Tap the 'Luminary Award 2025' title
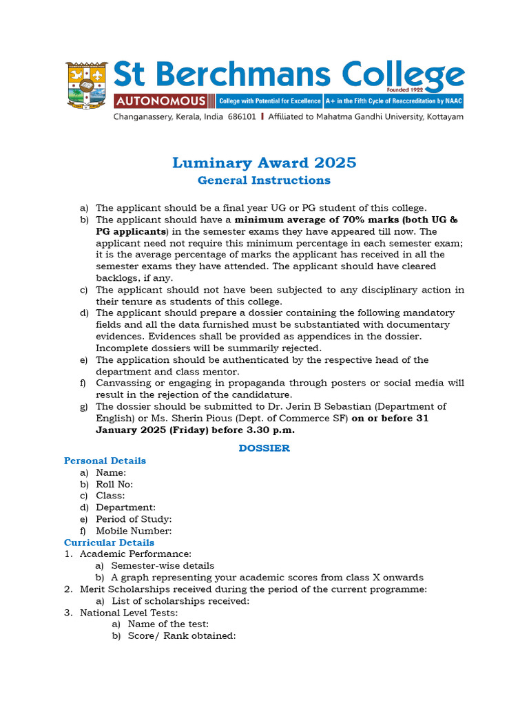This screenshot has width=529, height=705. tap(264, 162)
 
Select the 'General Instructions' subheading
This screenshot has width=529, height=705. tap(264, 180)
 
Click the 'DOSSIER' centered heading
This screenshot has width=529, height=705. tap(264, 448)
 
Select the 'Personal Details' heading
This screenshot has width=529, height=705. tap(105, 461)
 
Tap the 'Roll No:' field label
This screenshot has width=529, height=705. tap(114, 484)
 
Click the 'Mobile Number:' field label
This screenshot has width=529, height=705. tap(134, 531)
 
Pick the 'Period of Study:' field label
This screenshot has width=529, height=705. tap(134, 519)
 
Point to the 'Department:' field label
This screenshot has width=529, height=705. tap(125, 507)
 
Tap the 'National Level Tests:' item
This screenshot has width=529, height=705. tap(129, 613)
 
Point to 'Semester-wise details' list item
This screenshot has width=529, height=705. tap(163, 566)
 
